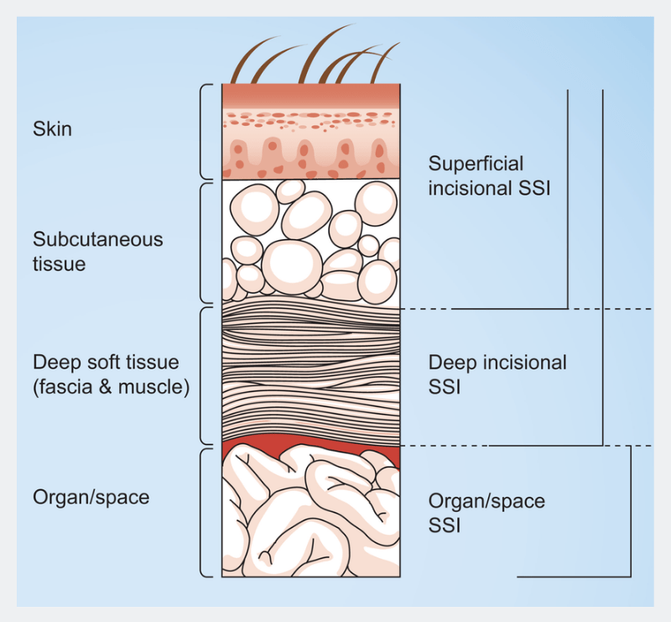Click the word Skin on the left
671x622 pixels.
52,129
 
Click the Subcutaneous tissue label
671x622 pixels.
97,251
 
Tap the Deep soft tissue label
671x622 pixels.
105,363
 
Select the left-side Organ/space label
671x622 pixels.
91,496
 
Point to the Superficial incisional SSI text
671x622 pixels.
488,175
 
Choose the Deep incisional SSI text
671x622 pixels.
497,374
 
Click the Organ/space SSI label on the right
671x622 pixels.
486,513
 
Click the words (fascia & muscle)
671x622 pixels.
111,388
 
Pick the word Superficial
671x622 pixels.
476,163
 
